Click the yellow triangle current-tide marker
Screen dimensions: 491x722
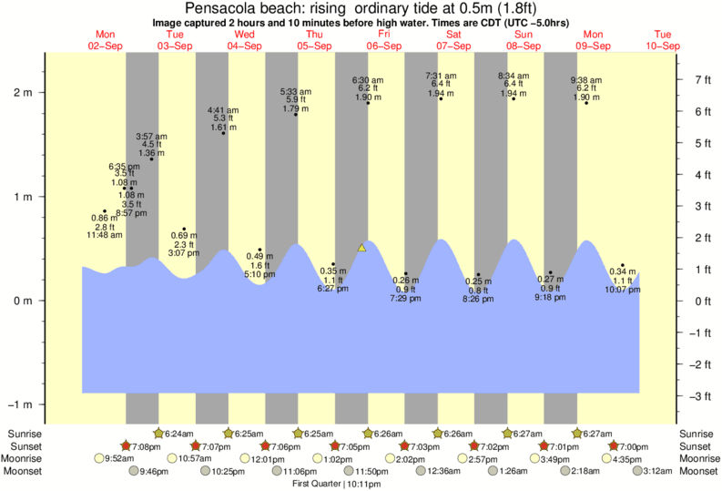coord(361,248)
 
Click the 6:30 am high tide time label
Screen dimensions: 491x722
coord(368,80)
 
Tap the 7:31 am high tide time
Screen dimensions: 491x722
coord(441,76)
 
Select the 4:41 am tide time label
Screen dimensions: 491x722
coord(223,110)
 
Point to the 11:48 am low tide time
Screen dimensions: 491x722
coord(105,235)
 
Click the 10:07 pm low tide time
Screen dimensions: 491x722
coord(623,291)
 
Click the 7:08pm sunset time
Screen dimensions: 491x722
coord(147,446)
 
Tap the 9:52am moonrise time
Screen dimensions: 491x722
coord(121,459)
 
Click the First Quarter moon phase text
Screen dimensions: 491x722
coord(316,484)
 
